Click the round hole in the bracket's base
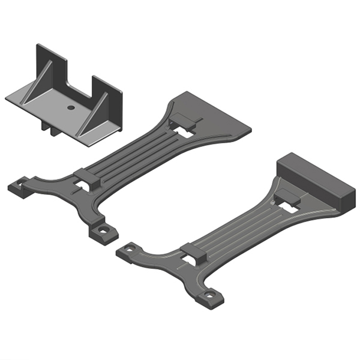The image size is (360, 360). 71,107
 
